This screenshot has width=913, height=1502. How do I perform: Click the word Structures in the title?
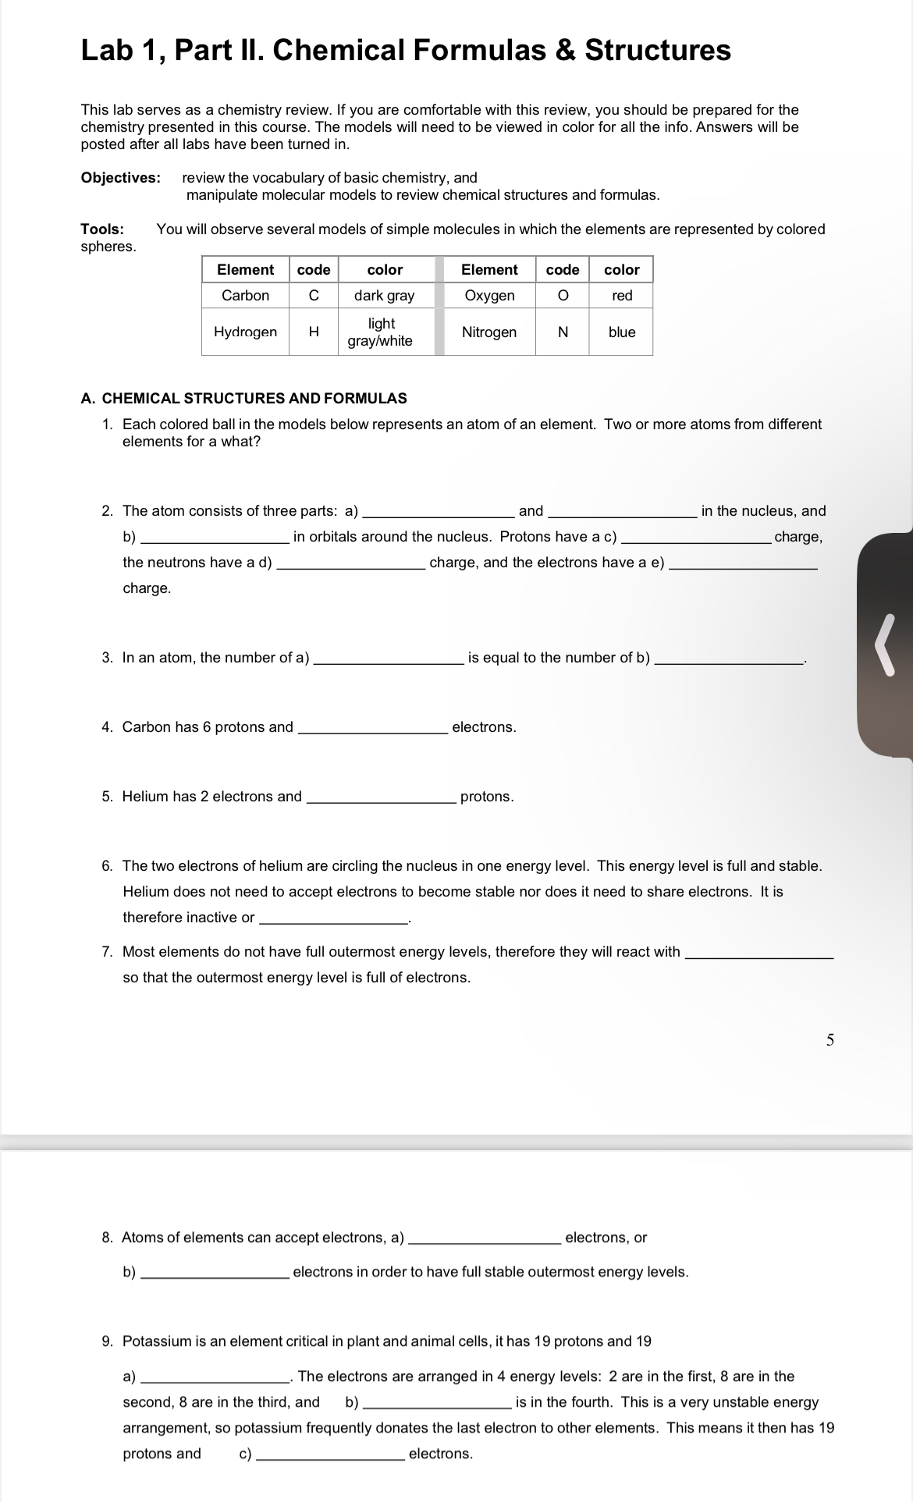pos(657,50)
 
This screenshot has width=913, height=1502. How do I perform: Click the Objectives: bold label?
pos(120,178)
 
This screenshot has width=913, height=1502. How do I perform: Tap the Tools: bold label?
pos(102,229)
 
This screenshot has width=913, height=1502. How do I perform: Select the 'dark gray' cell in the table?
pos(384,296)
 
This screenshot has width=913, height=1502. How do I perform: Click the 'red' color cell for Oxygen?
pos(621,296)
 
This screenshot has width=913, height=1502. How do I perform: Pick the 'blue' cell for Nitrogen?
pos(621,332)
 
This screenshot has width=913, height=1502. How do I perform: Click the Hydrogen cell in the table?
pos(245,332)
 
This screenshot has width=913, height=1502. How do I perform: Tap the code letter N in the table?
pos(562,332)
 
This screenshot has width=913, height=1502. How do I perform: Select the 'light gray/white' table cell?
pos(380,332)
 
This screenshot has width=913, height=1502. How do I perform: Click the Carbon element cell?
pos(245,296)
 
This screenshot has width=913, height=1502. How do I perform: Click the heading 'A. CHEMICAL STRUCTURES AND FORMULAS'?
pos(243,399)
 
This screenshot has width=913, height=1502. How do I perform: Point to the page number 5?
pos(830,1040)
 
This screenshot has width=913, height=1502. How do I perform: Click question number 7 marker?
pos(107,952)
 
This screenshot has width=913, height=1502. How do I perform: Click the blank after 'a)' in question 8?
pos(484,1238)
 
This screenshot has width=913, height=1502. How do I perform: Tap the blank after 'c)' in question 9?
pos(331,1454)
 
